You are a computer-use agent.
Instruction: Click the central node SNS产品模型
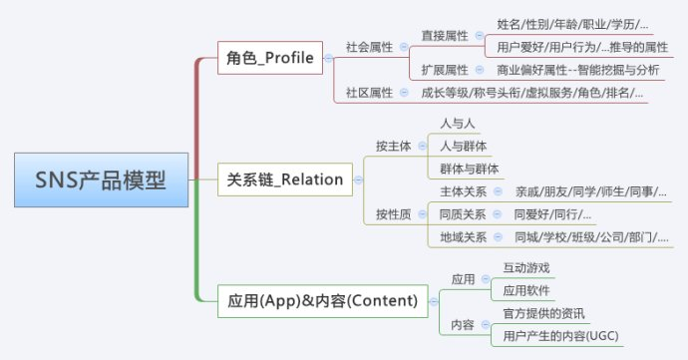100,180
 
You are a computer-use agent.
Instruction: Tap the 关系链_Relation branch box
284,180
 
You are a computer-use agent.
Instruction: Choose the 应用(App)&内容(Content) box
322,300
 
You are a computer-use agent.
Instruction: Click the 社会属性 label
369,47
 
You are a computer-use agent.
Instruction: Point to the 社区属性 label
369,94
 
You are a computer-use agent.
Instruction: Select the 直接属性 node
445,35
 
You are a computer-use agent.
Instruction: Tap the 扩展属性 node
445,70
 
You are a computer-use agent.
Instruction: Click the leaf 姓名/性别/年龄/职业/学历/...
572,24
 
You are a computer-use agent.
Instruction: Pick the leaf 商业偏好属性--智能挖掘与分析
577,70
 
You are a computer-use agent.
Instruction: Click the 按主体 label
394,146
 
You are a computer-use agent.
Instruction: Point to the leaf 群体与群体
471,169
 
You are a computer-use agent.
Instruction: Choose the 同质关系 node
464,214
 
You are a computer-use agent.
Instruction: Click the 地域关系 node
464,237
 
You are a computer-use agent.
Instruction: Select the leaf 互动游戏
526,268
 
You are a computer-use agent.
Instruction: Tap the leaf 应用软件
526,291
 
